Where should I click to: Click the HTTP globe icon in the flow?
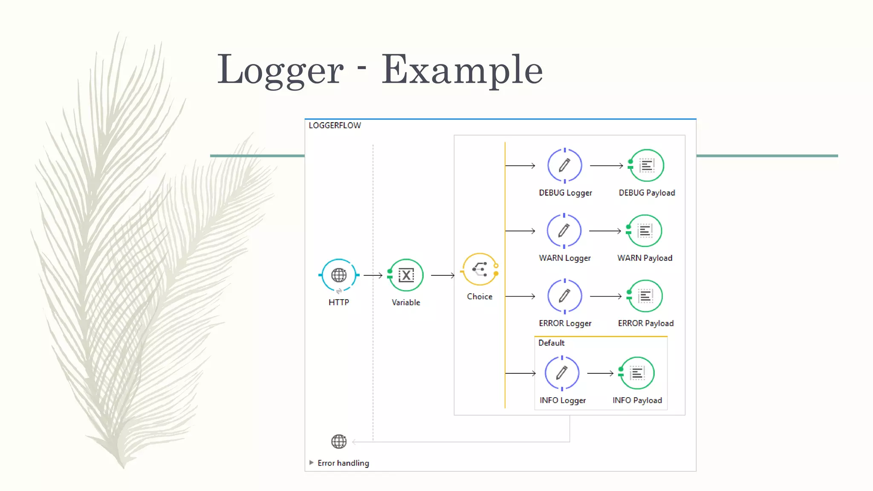click(339, 275)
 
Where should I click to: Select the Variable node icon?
click(406, 275)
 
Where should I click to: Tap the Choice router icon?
click(480, 269)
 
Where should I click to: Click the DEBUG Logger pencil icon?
click(565, 165)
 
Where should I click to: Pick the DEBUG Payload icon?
click(647, 165)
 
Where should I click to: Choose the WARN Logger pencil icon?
click(564, 231)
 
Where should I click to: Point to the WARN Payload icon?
click(645, 231)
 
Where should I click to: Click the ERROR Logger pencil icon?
click(565, 296)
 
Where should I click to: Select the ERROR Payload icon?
click(646, 296)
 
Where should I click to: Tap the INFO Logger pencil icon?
click(562, 373)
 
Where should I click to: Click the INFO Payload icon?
click(637, 373)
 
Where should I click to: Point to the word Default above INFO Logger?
click(551, 343)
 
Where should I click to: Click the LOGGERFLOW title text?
click(335, 125)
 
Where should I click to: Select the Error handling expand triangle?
click(311, 462)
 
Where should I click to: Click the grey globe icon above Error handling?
click(339, 442)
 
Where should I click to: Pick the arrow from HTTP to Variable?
click(373, 275)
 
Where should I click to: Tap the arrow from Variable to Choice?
click(443, 275)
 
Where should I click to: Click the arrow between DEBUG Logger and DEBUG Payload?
click(607, 165)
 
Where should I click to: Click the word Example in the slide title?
click(462, 70)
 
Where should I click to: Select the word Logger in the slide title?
click(280, 70)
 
